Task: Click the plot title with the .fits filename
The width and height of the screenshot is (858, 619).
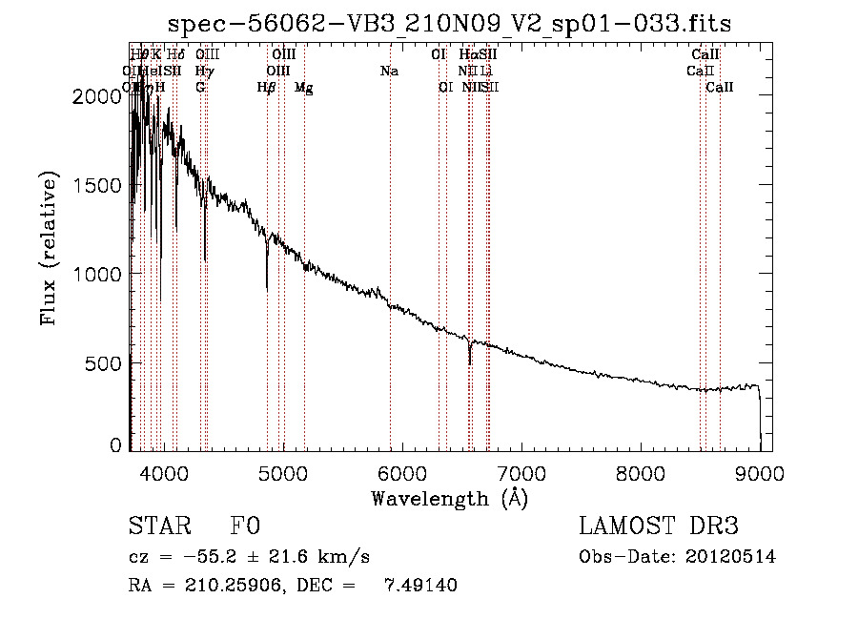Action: (449, 24)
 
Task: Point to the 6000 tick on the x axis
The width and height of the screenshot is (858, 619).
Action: (401, 473)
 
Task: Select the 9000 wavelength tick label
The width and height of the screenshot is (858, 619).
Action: (760, 473)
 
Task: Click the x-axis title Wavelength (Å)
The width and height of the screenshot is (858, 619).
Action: (449, 498)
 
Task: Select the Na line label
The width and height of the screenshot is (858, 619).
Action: (389, 72)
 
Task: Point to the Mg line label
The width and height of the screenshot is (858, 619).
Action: (303, 88)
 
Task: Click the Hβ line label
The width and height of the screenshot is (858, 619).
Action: (267, 88)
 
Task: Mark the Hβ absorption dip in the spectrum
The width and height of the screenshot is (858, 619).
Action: (267, 281)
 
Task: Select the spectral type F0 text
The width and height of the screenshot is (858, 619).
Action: (245, 527)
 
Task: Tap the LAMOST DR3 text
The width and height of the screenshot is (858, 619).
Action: (658, 527)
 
